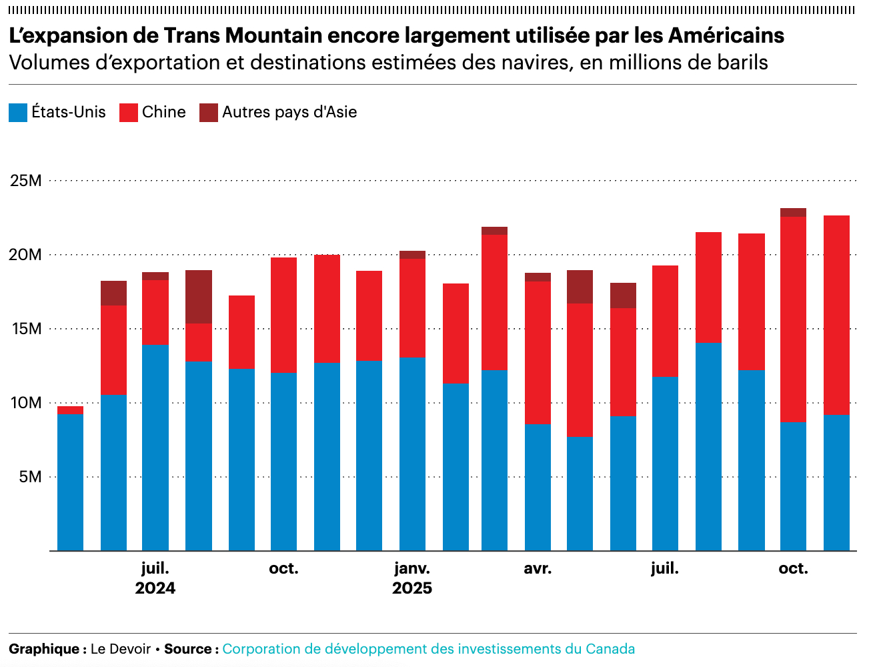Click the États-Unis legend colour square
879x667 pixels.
[18, 113]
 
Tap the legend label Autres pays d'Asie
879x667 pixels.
[289, 112]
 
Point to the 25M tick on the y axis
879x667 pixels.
[26, 181]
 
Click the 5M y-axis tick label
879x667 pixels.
[30, 477]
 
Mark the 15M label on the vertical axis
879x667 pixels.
[26, 329]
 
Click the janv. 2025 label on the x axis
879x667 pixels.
[412, 569]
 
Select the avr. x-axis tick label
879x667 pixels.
[538, 569]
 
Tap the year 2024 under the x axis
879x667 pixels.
[155, 588]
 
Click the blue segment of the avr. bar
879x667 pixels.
[538, 487]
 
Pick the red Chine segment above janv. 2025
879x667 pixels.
[412, 307]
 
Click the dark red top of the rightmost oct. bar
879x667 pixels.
[793, 213]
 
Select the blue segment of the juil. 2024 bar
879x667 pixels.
[155, 447]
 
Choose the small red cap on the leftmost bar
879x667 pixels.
[71, 410]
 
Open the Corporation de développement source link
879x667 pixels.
[428, 649]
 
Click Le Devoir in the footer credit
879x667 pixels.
[121, 649]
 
